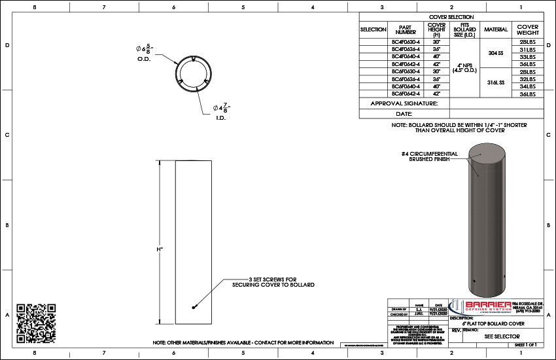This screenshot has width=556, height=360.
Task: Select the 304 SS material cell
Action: coord(495,53)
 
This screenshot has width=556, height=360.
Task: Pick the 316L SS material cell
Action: coord(495,82)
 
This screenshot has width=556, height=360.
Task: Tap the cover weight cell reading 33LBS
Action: coord(527,57)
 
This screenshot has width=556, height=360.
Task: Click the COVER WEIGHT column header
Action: coord(527,30)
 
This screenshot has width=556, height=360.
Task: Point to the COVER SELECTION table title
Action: coord(451,16)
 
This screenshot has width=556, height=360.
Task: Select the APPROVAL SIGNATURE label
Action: coord(404,103)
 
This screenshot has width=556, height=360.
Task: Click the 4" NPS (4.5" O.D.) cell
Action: coord(464,67)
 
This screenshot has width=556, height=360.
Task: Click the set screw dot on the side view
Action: coord(194,308)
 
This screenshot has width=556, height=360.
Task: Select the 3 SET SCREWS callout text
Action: coord(273,281)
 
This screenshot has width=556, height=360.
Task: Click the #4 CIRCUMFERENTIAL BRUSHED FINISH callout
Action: coord(429,156)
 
